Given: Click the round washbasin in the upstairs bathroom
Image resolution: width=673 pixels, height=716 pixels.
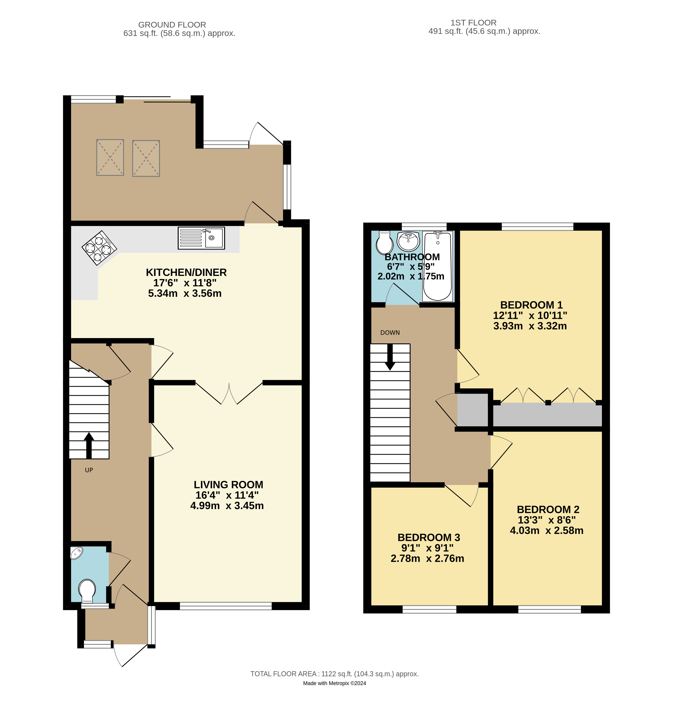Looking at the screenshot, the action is tap(408, 241).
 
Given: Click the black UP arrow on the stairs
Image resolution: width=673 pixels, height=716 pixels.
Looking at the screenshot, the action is tap(89, 445).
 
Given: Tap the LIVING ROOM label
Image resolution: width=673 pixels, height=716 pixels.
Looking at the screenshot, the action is tap(228, 485).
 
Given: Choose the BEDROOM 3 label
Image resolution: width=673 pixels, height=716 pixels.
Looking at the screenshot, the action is tap(429, 537).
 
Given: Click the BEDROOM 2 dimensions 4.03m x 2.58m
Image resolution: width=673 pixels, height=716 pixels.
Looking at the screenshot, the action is tap(546, 530).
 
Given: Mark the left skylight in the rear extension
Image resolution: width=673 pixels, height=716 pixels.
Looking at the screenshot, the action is tap(110, 157).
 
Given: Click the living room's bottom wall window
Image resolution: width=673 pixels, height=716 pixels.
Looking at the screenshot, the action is tap(226, 606).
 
